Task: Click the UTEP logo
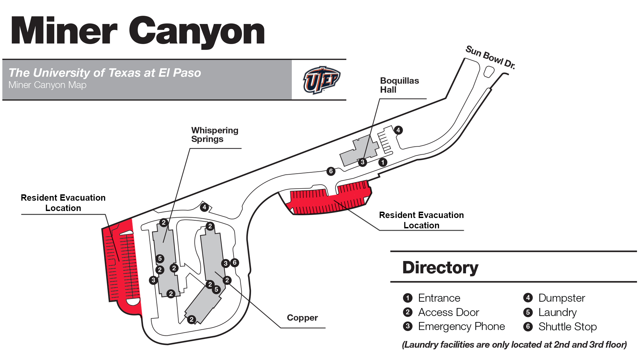pyautogui.click(x=321, y=80)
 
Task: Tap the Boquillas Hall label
pyautogui.click(x=399, y=85)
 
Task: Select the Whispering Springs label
pyautogui.click(x=215, y=135)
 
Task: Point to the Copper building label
pyautogui.click(x=302, y=318)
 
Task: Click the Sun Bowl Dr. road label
pyautogui.click(x=490, y=57)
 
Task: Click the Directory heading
pyautogui.click(x=440, y=267)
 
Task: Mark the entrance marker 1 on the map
pyautogui.click(x=383, y=162)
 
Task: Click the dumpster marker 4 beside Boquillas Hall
pyautogui.click(x=398, y=130)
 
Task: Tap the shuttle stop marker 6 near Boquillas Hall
pyautogui.click(x=331, y=171)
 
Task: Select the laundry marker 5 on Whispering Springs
pyautogui.click(x=160, y=258)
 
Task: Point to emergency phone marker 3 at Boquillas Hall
pyautogui.click(x=362, y=162)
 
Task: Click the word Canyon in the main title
pyautogui.click(x=197, y=32)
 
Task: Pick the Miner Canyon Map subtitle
pyautogui.click(x=47, y=85)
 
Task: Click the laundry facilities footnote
pyautogui.click(x=514, y=345)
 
